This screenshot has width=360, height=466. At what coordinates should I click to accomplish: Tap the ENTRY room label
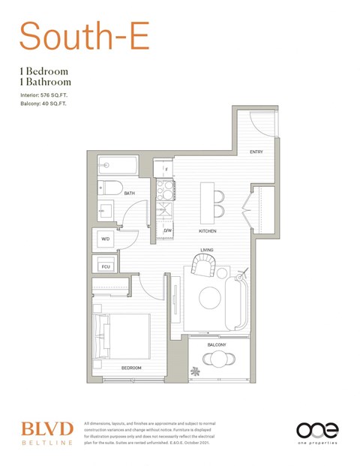(256, 152)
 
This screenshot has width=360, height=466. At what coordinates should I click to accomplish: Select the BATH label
(130, 194)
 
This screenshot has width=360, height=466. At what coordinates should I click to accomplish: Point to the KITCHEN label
(208, 230)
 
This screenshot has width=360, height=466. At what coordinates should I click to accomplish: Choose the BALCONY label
(217, 344)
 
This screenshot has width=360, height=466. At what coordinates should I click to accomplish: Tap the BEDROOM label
(132, 368)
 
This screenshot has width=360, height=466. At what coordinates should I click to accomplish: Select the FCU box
(105, 266)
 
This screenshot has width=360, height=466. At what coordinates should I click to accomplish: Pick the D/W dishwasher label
(168, 230)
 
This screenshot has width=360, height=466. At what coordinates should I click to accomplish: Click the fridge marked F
(165, 169)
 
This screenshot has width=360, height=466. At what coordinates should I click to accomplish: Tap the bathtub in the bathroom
(118, 164)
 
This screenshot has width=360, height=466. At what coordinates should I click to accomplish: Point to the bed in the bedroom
(121, 335)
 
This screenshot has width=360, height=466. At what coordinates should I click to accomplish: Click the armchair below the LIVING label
(202, 265)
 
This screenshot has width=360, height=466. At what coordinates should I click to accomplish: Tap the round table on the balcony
(217, 359)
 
